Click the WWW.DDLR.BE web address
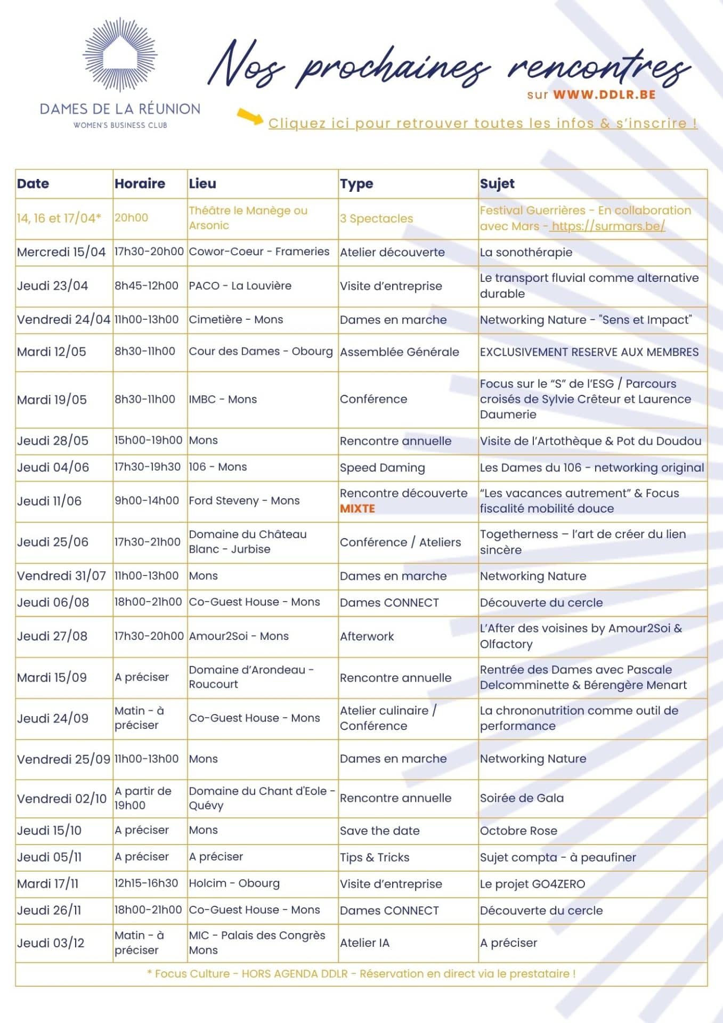coord(604,95)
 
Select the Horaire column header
coord(140,184)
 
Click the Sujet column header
coord(497,184)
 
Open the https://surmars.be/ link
coord(608,226)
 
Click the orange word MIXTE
coord(358,509)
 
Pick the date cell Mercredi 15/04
coord(61,252)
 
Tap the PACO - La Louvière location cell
coord(240,286)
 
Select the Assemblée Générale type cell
coord(400,352)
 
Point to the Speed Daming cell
coord(383,468)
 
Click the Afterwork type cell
coord(367,636)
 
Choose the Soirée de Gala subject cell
coord(522,798)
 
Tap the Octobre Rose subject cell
coord(518,831)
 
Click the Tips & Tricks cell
coord(375,857)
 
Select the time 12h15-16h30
coord(147,883)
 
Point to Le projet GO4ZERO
coord(532,884)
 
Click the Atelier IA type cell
coord(365,943)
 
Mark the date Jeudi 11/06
coord(50,501)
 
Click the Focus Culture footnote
coord(361,974)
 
